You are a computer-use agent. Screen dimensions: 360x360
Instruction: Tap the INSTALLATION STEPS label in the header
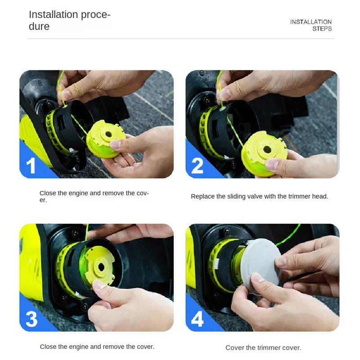pos(311,25)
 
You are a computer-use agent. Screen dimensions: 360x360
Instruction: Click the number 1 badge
pos(31,166)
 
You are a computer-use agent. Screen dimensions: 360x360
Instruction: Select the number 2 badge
pos(197,166)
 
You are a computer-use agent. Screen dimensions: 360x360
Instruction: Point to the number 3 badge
pos(31,319)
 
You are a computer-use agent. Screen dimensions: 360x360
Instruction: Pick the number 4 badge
pos(197,319)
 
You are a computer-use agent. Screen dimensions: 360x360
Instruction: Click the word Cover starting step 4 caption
pos(234,348)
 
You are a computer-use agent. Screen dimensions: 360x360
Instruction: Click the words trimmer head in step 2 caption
pos(309,197)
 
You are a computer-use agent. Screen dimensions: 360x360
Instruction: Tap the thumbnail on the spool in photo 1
pos(116,145)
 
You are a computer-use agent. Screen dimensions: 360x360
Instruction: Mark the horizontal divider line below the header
pos(180,39)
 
